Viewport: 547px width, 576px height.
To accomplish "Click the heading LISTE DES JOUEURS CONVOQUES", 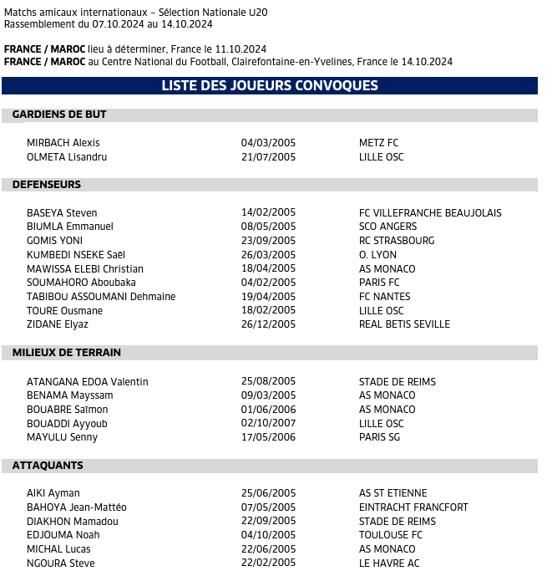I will [x=269, y=86].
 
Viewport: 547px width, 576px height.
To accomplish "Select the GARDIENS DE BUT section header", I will [x=59, y=115].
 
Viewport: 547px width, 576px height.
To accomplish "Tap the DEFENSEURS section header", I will [x=47, y=185].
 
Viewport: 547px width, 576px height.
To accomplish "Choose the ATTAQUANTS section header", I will [x=48, y=466].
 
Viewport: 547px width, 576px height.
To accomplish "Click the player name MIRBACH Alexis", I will [x=63, y=143].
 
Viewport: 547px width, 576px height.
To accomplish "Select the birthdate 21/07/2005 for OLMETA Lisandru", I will [x=268, y=157].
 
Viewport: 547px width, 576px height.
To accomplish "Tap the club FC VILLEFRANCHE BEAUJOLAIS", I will [x=430, y=213].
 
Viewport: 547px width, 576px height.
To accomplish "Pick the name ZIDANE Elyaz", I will [x=58, y=324].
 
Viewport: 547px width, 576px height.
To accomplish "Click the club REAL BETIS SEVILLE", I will [x=404, y=324].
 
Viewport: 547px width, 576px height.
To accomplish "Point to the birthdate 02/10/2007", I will [x=268, y=424].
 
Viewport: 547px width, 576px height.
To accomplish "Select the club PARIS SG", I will [x=379, y=437].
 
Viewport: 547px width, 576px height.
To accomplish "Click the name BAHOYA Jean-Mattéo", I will [x=77, y=507].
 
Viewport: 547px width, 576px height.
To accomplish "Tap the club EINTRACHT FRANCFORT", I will [x=413, y=507].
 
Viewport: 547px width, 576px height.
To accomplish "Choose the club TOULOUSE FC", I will [x=391, y=535].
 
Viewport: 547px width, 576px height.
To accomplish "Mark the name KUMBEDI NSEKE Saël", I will [x=76, y=255].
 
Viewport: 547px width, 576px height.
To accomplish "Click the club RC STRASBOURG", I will [x=397, y=241].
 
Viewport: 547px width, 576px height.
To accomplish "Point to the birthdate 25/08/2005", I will [x=268, y=382].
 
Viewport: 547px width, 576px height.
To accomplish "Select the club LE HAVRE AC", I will [x=389, y=563].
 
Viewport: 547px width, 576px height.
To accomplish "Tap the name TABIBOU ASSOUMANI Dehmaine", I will [x=101, y=297].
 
